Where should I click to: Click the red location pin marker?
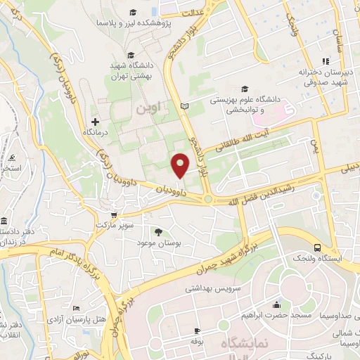tap(181, 165)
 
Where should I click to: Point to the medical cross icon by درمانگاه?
tap(95, 122)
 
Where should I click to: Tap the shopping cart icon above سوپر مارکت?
tap(113, 216)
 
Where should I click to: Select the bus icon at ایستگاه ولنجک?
tap(318, 247)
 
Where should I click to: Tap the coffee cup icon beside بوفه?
tap(198, 330)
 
